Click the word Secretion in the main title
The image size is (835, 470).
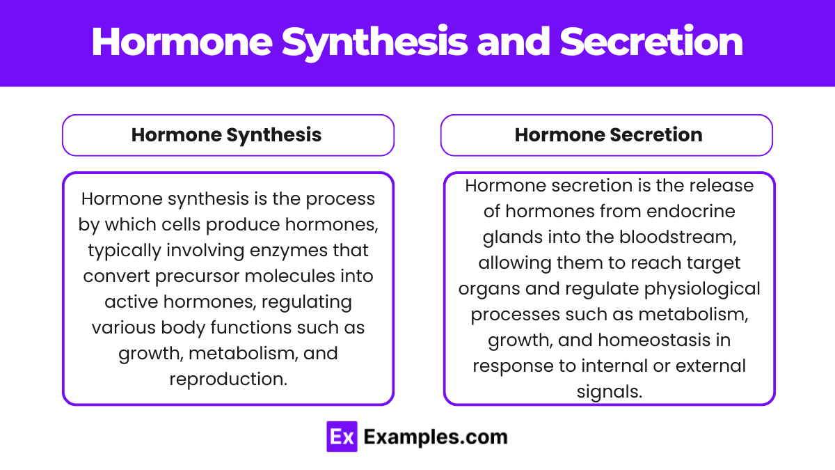[651, 42]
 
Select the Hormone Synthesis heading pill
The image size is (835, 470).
[228, 135]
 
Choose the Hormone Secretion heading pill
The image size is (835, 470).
[607, 135]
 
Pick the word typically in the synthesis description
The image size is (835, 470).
[123, 249]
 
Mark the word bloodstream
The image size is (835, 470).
[668, 237]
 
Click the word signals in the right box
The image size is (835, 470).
[609, 391]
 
